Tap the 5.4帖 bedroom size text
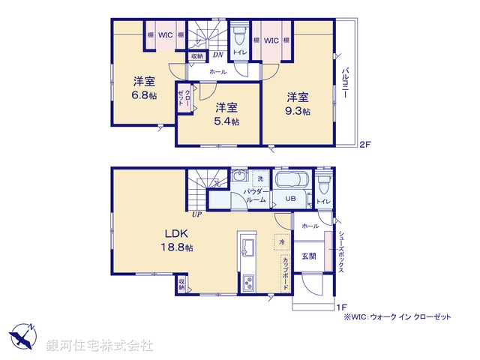click(225, 121)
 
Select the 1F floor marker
click(340, 306)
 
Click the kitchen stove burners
click(248, 283)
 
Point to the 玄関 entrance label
click(307, 256)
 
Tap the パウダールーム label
click(256, 196)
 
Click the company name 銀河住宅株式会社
click(99, 346)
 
